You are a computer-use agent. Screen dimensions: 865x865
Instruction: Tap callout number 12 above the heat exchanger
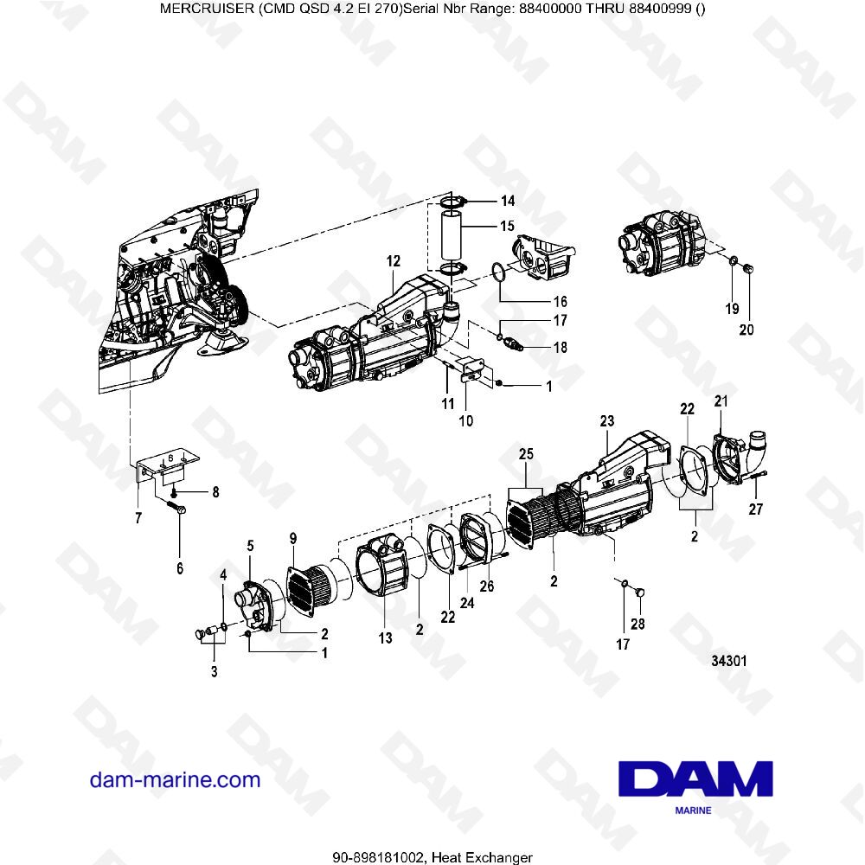(394, 259)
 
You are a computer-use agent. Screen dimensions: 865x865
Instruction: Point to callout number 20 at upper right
(746, 330)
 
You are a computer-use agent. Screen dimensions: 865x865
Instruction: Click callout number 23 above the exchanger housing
(606, 421)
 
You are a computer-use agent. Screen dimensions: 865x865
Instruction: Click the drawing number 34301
(728, 660)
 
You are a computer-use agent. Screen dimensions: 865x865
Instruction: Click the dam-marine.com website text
(175, 780)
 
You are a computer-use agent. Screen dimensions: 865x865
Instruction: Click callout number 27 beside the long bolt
(756, 509)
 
